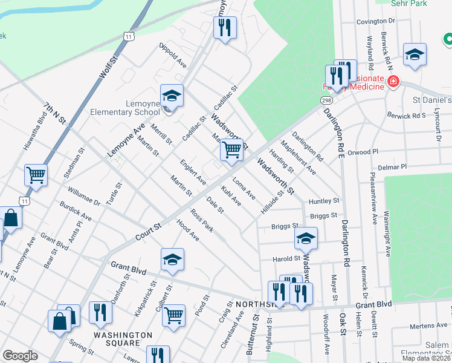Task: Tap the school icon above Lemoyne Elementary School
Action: click(x=172, y=96)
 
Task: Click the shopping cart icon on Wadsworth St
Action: click(x=231, y=149)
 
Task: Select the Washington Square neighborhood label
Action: click(x=123, y=335)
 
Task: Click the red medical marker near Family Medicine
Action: click(x=393, y=81)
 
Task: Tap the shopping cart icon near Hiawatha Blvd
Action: click(x=36, y=175)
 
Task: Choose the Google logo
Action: click(x=20, y=356)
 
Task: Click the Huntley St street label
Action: click(x=324, y=201)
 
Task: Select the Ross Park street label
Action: click(x=202, y=221)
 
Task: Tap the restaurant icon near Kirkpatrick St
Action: click(x=100, y=312)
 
